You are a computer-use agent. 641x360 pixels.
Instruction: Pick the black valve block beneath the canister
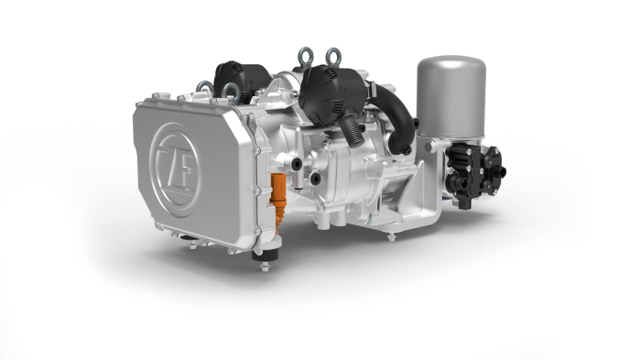tap(474, 174)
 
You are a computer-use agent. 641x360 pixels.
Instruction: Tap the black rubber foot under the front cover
tap(265, 255)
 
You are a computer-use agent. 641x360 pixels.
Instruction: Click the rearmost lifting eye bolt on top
tap(333, 57)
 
